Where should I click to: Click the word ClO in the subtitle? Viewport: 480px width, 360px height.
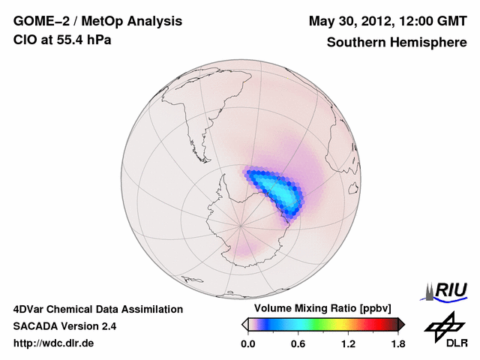24,40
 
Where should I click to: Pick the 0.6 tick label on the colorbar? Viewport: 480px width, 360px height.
298,344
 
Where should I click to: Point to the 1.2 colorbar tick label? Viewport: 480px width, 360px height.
348,344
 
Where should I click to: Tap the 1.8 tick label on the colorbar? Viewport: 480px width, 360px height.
398,344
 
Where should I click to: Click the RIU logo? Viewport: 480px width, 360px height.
448,290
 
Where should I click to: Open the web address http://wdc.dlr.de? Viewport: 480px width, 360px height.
53,344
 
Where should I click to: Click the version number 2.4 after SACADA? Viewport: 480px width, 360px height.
107,326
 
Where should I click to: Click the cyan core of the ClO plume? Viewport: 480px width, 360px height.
283,192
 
